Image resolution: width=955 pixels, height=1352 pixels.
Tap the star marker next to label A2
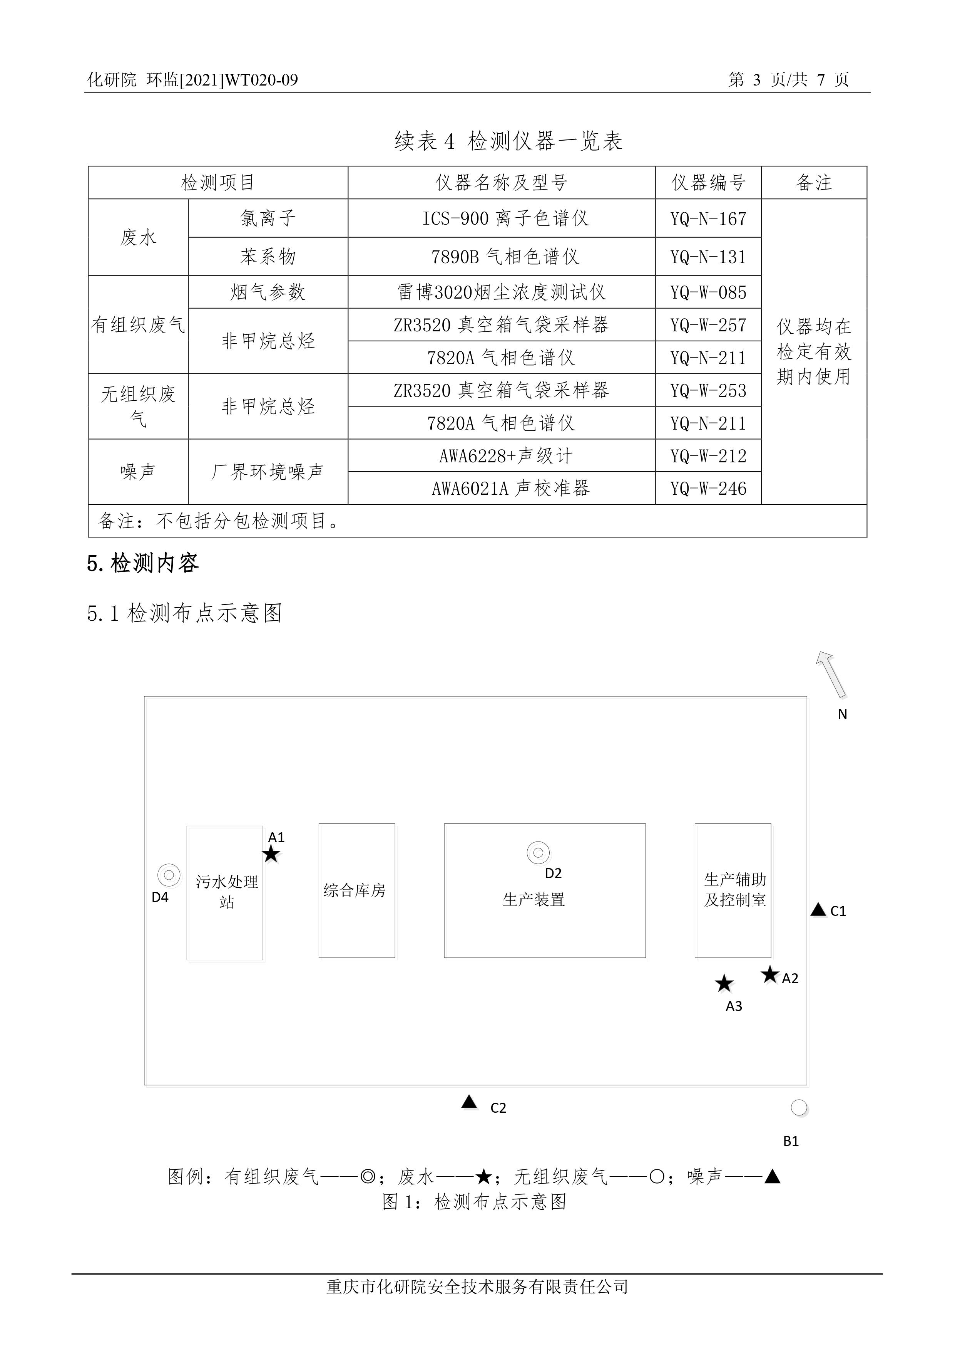769,974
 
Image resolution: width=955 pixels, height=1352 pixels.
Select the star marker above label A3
724,983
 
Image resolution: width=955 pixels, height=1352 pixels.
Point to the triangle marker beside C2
469,1102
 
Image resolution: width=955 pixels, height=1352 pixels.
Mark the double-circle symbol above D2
538,852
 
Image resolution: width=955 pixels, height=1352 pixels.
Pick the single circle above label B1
798,1108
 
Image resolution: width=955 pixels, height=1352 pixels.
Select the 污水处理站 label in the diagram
227,892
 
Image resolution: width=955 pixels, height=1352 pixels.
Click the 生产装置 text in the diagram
534,900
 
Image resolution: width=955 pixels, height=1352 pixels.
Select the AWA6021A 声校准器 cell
510,489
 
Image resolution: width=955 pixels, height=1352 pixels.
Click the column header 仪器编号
708,183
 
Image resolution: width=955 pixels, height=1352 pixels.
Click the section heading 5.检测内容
143,564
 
